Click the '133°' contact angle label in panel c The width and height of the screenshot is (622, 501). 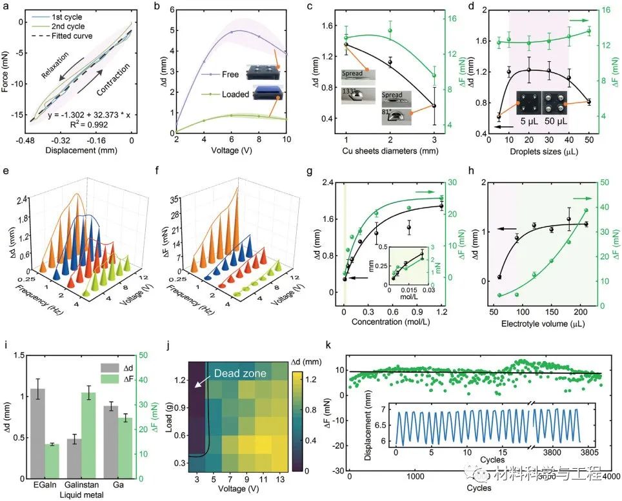click(x=349, y=92)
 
